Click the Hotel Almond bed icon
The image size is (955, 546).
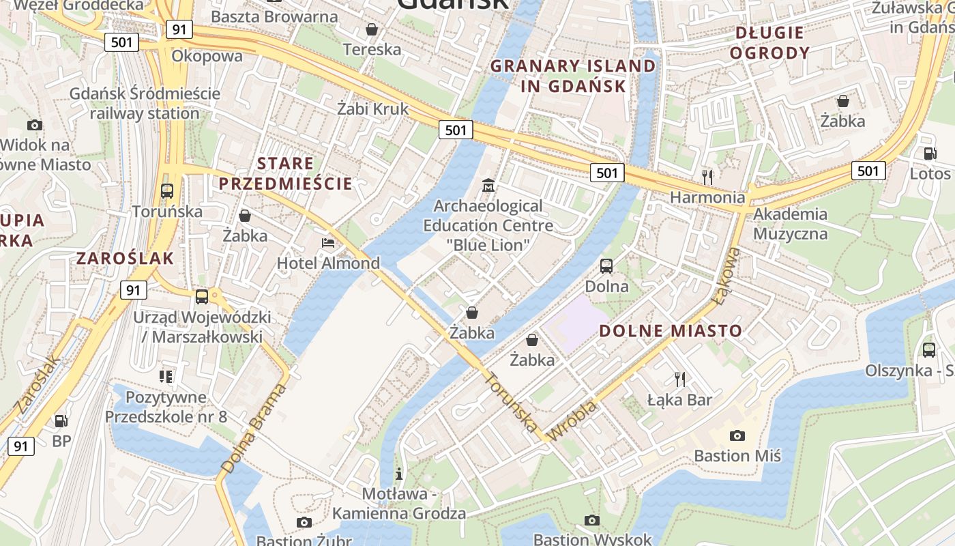click(x=328, y=243)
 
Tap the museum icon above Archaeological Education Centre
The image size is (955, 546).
click(x=488, y=185)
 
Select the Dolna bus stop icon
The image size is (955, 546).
click(x=606, y=266)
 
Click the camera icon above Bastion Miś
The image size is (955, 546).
click(x=737, y=435)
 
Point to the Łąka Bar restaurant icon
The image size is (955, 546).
click(x=679, y=379)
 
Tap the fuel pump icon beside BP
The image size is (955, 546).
click(x=61, y=421)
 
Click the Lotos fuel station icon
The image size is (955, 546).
click(x=930, y=154)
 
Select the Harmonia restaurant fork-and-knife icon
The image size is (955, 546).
click(x=707, y=177)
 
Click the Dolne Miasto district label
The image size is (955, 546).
click(x=670, y=331)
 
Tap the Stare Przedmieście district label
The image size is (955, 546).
click(x=286, y=173)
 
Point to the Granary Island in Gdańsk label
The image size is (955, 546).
click(x=573, y=76)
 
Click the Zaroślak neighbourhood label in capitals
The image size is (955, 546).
click(x=126, y=258)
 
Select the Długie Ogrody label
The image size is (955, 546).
click(x=769, y=42)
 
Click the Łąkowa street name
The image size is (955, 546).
click(x=726, y=276)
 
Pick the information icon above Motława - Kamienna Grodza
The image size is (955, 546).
click(x=399, y=473)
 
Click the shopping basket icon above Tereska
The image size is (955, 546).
click(x=372, y=29)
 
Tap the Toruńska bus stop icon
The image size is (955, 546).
click(x=167, y=191)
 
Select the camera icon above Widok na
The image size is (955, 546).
click(x=35, y=125)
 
